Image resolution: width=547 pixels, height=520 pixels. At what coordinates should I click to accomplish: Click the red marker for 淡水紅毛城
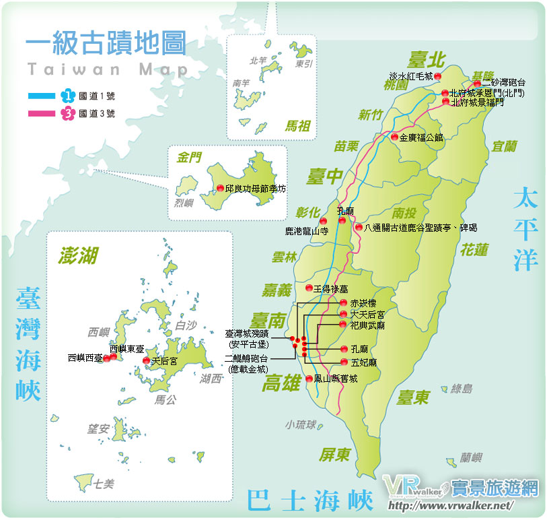(x=437, y=75)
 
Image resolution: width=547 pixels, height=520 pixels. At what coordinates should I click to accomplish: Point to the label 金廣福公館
(x=421, y=137)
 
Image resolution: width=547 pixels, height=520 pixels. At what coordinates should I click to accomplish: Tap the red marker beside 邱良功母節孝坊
(x=220, y=189)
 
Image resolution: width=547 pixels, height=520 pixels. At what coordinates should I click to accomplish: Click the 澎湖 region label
(x=78, y=255)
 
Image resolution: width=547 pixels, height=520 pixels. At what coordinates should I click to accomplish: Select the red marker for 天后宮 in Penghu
(x=147, y=362)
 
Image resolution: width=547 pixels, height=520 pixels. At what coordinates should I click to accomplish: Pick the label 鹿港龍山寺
(x=306, y=230)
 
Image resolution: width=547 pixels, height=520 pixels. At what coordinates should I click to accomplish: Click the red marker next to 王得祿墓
(x=309, y=288)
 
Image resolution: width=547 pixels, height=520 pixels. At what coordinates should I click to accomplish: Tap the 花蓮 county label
(x=474, y=249)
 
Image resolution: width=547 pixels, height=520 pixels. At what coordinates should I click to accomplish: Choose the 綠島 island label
(x=462, y=389)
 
